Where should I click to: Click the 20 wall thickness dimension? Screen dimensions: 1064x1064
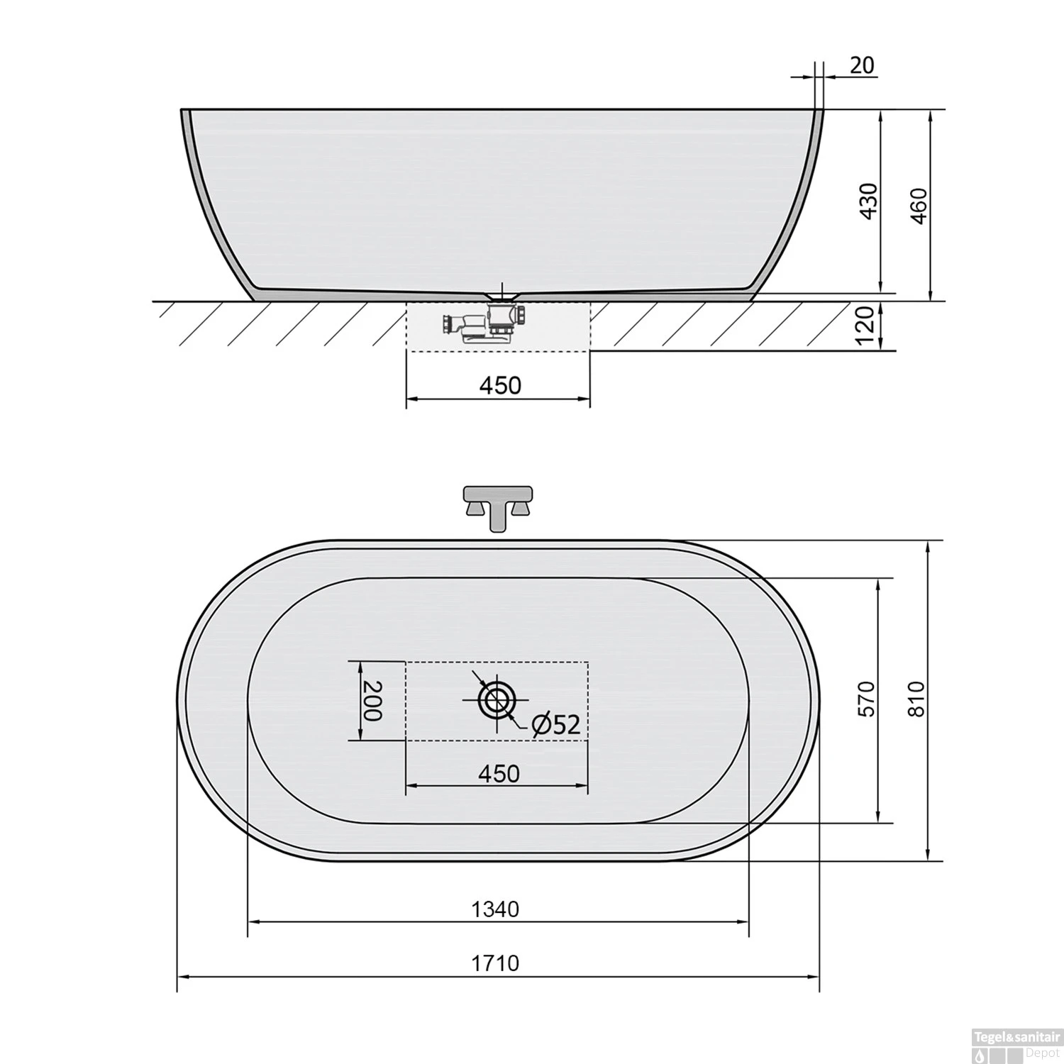tap(862, 65)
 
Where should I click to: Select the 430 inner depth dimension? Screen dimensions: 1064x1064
tap(870, 201)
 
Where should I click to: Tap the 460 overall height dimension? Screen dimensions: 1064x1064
tap(919, 206)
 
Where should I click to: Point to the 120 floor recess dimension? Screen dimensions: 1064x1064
tap(865, 328)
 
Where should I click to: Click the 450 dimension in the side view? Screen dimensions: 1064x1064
tap(499, 385)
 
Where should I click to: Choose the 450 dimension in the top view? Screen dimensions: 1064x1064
tap(499, 773)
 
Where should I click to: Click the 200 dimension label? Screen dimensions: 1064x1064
tap(372, 701)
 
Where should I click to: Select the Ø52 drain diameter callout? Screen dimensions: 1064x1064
tap(555, 724)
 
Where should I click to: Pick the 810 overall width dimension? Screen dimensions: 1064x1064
tap(917, 699)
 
